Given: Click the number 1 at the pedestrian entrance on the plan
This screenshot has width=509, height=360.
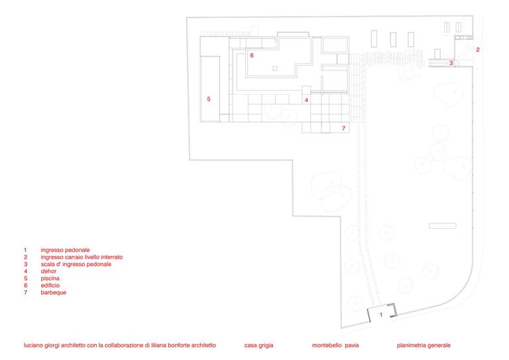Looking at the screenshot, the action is point(381,314).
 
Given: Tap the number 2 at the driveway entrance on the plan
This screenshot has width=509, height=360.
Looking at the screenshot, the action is point(478,50).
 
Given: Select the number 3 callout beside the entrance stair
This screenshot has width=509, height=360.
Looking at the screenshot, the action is point(451,63).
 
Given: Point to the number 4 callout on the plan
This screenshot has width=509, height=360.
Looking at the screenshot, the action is point(306,100).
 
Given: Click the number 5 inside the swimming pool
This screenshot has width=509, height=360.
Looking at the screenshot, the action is point(209,99).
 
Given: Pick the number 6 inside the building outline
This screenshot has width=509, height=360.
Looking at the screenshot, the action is point(252,56).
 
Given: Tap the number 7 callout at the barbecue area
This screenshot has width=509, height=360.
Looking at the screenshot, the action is point(343,129).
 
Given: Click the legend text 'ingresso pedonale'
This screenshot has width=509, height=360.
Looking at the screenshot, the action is point(65,250).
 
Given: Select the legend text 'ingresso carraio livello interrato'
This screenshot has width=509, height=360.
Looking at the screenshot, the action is point(82,257).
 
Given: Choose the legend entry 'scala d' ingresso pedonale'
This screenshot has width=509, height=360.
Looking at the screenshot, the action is point(76,265).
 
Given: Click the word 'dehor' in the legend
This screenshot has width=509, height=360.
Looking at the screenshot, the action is point(48,271).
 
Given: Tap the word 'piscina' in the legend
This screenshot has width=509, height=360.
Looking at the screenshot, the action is point(50,278).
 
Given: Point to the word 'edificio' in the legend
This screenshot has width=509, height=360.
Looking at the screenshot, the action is point(50,285).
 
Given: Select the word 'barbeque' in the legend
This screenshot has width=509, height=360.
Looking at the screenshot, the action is point(54,292).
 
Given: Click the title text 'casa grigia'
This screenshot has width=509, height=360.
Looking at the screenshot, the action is point(258,345).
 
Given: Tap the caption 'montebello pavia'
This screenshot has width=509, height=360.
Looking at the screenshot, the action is point(335,345).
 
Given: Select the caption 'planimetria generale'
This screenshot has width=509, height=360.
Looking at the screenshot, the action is point(424,345).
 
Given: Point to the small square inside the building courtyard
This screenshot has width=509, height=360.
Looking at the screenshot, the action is point(275,68).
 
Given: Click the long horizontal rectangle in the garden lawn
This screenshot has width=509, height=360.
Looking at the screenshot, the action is point(443,225).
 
